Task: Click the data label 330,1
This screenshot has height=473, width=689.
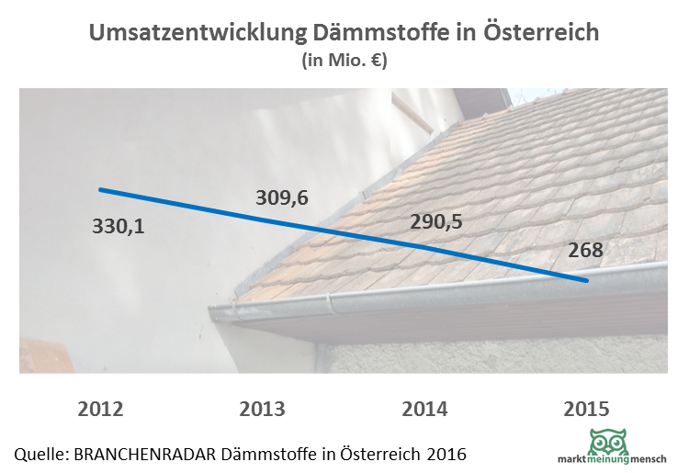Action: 119,225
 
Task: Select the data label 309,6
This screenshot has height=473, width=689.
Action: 281,197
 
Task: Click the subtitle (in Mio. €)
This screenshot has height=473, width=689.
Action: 344,62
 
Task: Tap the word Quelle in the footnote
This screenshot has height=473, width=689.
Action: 41,454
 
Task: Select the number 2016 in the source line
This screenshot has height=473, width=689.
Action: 446,454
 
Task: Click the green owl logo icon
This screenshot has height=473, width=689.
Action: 609,441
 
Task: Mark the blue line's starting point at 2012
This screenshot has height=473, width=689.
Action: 100,189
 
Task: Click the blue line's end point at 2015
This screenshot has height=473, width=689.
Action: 586,280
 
